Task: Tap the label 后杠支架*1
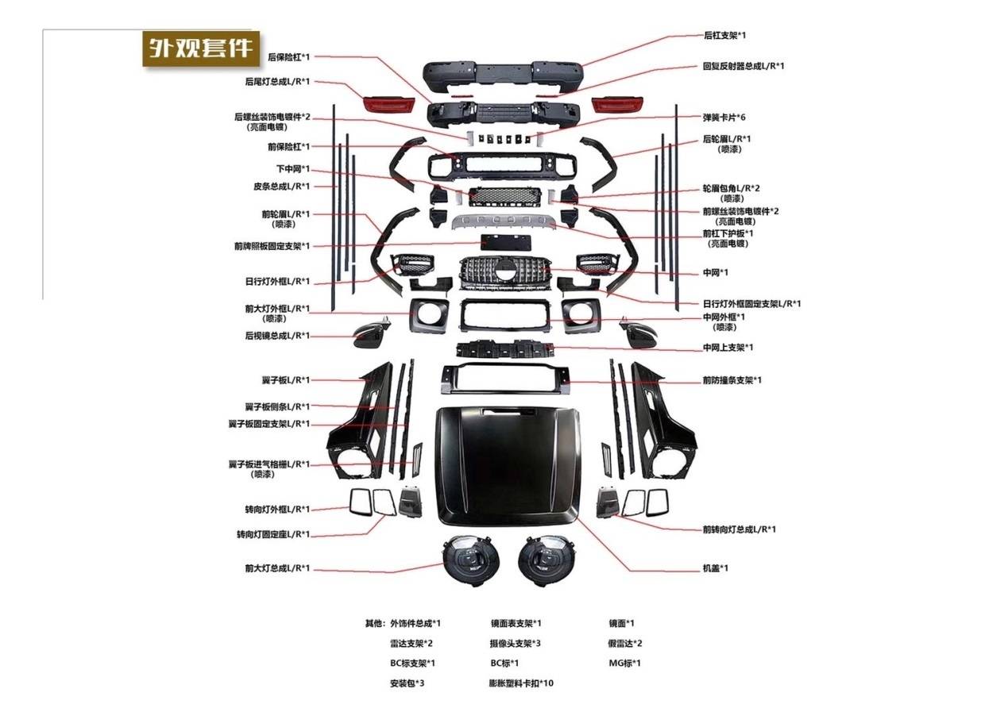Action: click(724, 36)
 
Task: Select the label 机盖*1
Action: click(715, 568)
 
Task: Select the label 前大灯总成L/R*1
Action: click(277, 568)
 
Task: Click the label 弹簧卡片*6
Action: click(724, 117)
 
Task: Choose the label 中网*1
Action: click(715, 272)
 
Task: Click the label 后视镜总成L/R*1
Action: click(277, 336)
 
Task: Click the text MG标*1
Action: click(624, 663)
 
